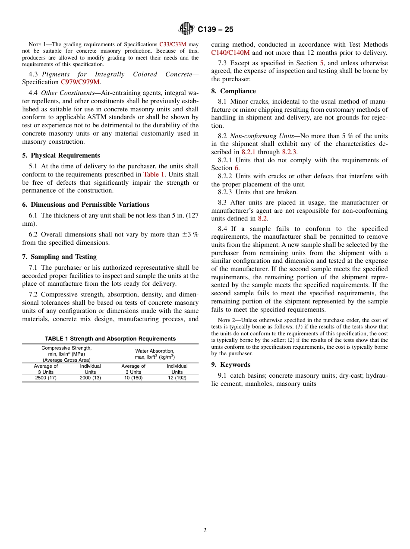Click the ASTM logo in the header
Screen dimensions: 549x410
tap(187, 29)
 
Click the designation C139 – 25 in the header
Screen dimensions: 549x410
tap(215, 29)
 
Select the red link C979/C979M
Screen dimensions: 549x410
tap(80, 82)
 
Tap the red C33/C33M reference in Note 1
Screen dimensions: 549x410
tap(173, 44)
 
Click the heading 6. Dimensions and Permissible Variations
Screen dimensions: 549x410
tap(85, 205)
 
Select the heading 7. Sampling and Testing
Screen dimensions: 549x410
tap(59, 257)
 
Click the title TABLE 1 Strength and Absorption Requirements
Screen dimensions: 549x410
tap(110, 339)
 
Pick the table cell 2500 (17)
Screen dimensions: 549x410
tap(46, 378)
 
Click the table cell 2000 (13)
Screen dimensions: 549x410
tap(90, 378)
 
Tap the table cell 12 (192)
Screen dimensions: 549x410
tap(177, 378)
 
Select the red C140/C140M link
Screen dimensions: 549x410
tap(230, 53)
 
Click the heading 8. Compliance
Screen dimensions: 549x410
tap(233, 91)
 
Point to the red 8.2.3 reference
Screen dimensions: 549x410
tap(289, 152)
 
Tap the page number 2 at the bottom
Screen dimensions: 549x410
tap(205, 530)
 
